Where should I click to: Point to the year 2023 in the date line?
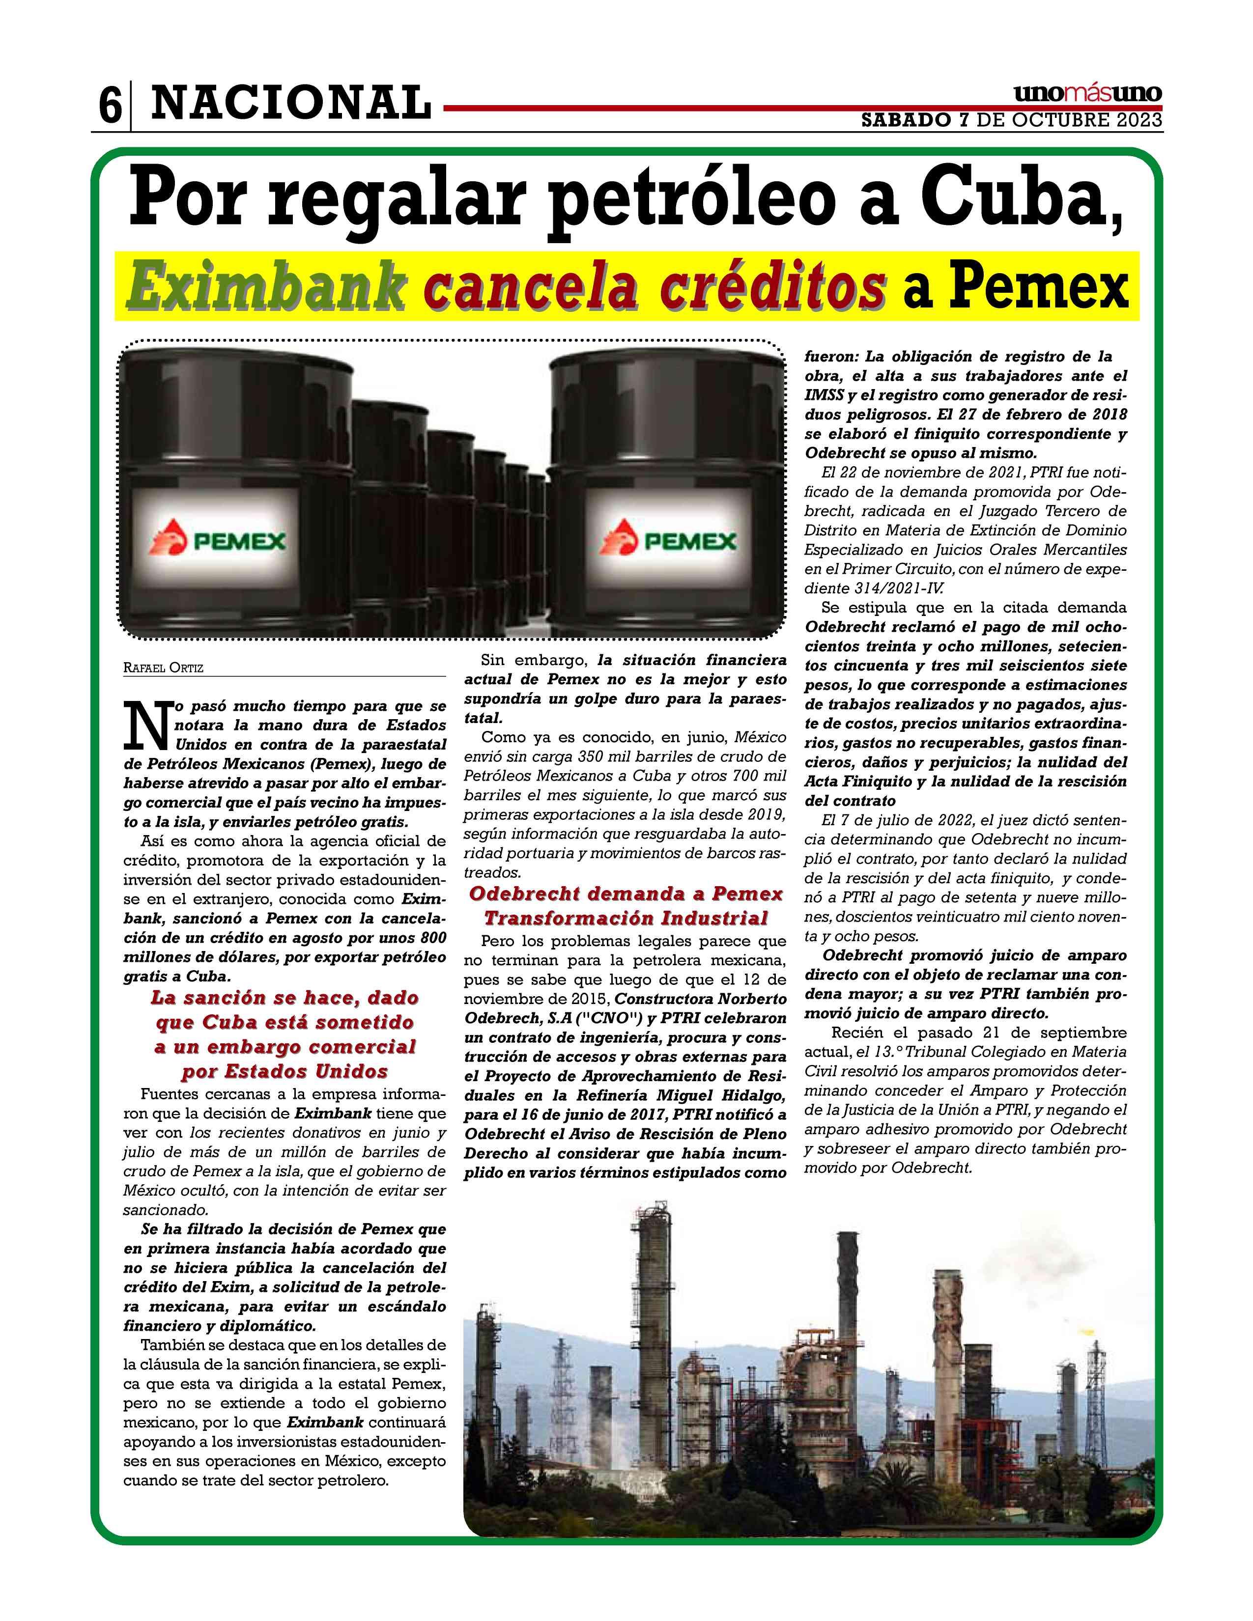1137,120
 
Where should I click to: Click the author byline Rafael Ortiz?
163,668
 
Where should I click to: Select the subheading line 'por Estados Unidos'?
285,1072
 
